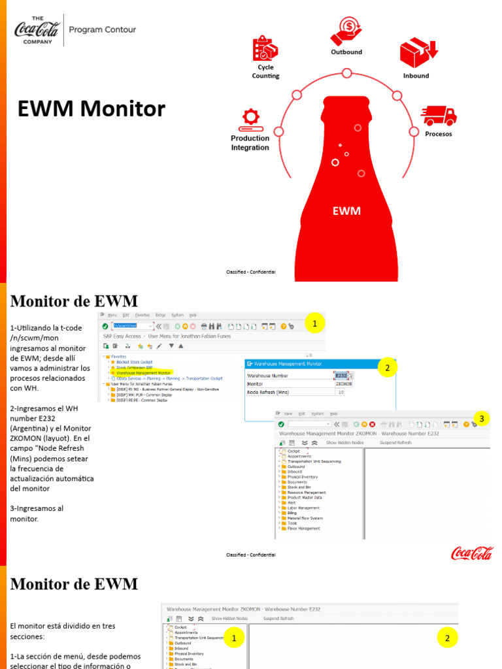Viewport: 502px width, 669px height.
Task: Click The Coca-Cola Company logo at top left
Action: (x=37, y=29)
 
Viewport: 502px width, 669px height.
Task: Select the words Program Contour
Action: (x=103, y=29)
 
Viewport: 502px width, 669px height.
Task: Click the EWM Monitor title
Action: (x=92, y=108)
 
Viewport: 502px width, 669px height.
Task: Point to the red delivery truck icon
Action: (x=439, y=116)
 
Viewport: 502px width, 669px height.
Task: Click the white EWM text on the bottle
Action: (x=346, y=211)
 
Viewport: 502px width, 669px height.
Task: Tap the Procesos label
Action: (x=439, y=134)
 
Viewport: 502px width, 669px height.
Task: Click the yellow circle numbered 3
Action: (x=481, y=418)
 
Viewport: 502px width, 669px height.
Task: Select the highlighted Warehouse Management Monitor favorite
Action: (x=148, y=373)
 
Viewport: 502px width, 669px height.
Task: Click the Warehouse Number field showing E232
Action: (x=341, y=376)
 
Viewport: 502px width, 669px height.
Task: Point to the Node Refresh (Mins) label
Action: (x=268, y=392)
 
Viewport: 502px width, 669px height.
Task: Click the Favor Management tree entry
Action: (x=304, y=529)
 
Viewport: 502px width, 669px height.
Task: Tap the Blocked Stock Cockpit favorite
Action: (x=135, y=362)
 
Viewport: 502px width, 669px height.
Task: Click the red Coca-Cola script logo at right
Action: (x=472, y=554)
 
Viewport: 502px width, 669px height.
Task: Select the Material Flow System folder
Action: (x=305, y=518)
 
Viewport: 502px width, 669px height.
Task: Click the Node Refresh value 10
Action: (x=341, y=392)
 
